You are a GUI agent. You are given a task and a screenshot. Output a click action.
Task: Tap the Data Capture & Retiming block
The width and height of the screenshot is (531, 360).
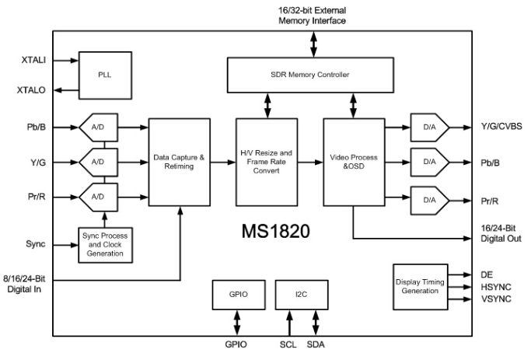click(180, 162)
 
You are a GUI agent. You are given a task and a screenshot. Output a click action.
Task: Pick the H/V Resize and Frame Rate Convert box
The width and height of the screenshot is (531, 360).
click(266, 162)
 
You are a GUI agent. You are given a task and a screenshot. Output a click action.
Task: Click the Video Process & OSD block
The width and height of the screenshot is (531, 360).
click(353, 162)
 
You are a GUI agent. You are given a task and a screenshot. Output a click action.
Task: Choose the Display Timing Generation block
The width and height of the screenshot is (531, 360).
click(417, 286)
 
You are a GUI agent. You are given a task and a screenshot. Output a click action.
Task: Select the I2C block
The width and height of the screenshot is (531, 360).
click(300, 296)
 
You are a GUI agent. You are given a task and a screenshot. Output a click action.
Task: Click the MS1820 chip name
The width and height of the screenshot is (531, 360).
click(275, 232)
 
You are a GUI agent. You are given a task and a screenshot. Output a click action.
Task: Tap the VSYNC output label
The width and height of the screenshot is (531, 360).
click(496, 297)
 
